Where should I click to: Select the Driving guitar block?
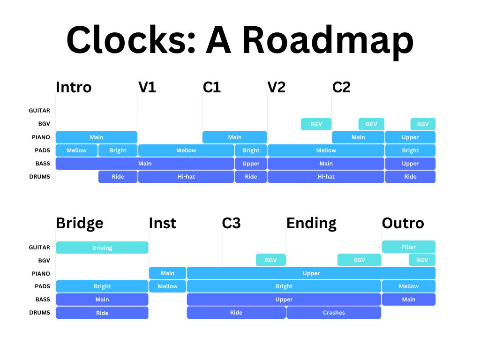[102, 247]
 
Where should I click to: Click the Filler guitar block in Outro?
[408, 247]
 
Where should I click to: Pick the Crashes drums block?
[333, 313]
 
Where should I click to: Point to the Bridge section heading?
[79, 223]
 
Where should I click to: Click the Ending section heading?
[311, 223]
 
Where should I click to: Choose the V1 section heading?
[147, 87]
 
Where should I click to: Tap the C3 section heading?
[231, 223]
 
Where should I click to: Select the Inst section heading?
[162, 223]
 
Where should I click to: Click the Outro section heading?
[403, 223]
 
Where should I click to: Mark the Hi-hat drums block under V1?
[186, 177]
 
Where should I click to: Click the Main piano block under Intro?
[97, 137]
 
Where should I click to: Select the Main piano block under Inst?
[167, 273]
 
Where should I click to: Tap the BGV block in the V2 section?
[316, 124]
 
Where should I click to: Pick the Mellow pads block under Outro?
[408, 286]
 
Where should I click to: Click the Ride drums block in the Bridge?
[102, 313]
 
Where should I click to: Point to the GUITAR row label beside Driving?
[39, 247]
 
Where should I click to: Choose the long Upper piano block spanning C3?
[311, 273]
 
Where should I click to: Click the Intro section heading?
[74, 87]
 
